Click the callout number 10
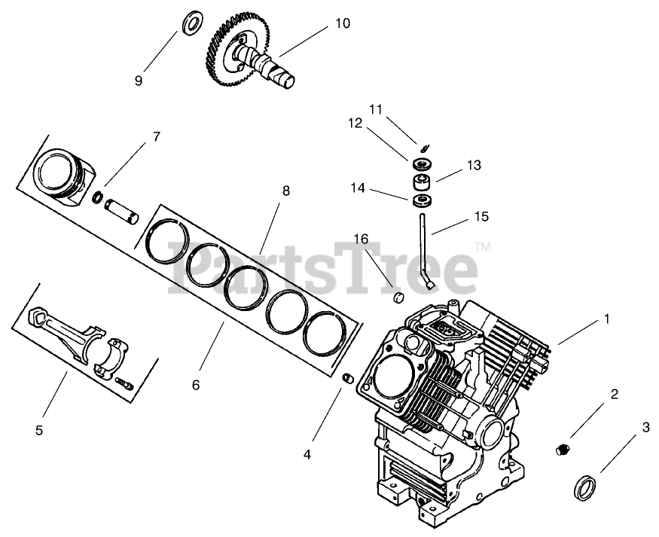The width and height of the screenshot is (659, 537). tap(342, 24)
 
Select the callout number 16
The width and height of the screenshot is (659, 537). tap(362, 240)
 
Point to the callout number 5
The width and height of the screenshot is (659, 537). tap(39, 431)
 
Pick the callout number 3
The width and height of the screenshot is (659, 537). tap(645, 428)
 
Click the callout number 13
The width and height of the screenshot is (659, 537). tap(473, 165)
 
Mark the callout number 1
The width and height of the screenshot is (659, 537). tap(606, 319)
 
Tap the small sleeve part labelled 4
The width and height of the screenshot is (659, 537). tap(349, 378)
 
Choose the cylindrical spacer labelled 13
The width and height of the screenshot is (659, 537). tap(422, 182)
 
